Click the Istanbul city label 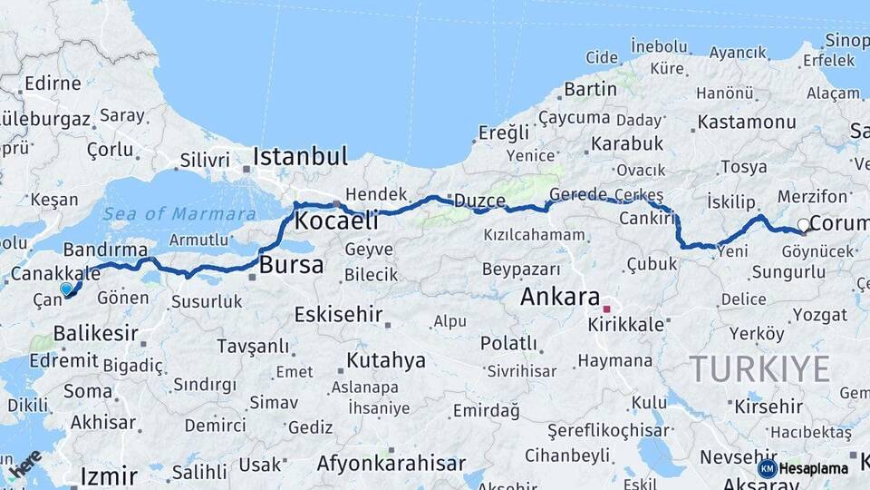[300, 156]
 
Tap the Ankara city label [560, 297]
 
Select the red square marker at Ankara [606, 309]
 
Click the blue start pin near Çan [66, 289]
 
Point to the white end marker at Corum [803, 225]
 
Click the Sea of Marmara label [179, 214]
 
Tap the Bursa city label [291, 265]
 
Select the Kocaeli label [336, 220]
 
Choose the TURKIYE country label [759, 369]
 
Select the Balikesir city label [95, 333]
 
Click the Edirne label [47, 83]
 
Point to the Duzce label [479, 201]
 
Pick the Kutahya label [386, 360]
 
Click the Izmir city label [109, 475]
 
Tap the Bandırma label [105, 249]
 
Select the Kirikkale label [626, 324]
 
